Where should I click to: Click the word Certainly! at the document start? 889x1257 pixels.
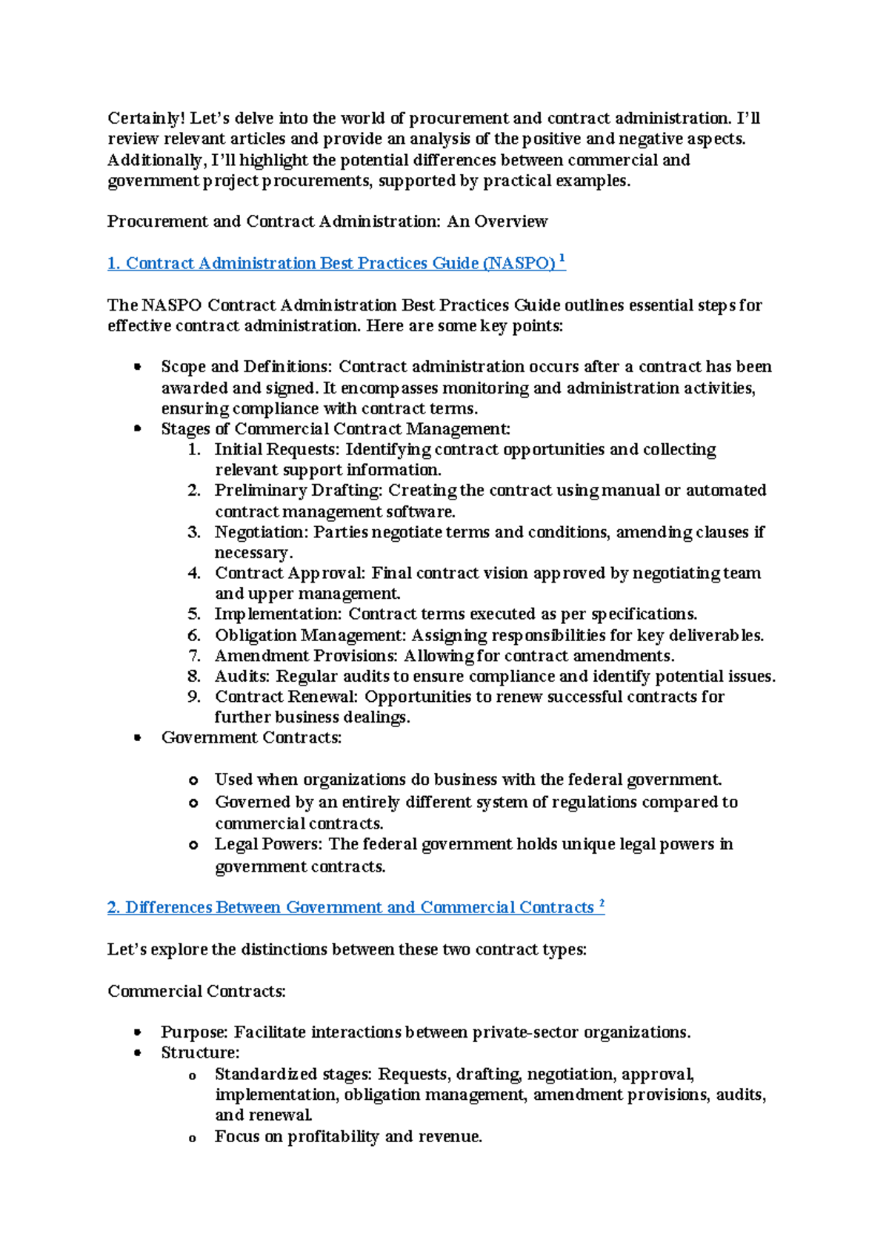146,118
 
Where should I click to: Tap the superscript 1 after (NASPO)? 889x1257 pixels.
562,259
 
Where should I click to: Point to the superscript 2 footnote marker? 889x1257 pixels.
602,903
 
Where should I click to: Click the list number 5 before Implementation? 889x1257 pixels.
193,614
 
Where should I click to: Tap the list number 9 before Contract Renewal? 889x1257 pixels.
193,697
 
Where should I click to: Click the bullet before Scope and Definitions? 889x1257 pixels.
137,367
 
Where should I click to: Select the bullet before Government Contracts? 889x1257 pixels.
137,737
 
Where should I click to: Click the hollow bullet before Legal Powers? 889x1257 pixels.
193,845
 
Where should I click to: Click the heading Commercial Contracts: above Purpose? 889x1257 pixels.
196,992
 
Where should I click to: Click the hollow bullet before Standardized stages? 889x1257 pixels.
193,1076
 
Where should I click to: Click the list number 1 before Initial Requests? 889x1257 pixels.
193,450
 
